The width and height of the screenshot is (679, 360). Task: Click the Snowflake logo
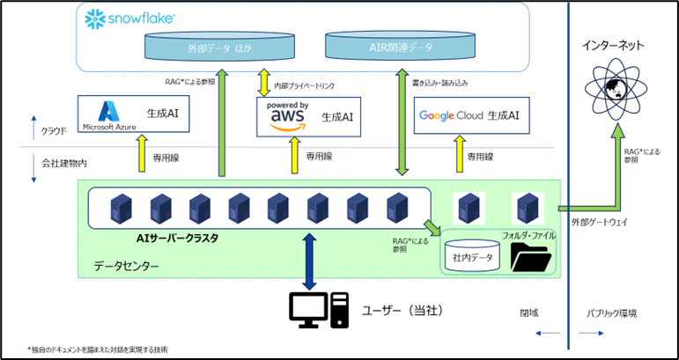coord(129,18)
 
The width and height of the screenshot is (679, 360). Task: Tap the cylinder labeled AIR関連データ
coord(403,46)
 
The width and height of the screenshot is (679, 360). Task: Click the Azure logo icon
coord(108,111)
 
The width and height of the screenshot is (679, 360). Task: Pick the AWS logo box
coord(307,116)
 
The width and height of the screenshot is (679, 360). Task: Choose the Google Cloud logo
coord(451,115)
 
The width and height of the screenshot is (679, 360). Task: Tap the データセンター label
coord(127,265)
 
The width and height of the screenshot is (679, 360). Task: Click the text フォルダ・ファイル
coord(529,235)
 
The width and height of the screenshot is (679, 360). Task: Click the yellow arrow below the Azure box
coord(142,154)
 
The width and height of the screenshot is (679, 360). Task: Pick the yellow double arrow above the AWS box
coord(263,84)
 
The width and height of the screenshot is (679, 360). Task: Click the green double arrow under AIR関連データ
coord(402,123)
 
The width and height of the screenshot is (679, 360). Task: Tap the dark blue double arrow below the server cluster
coord(308,261)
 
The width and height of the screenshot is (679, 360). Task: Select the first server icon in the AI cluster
coord(115,209)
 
